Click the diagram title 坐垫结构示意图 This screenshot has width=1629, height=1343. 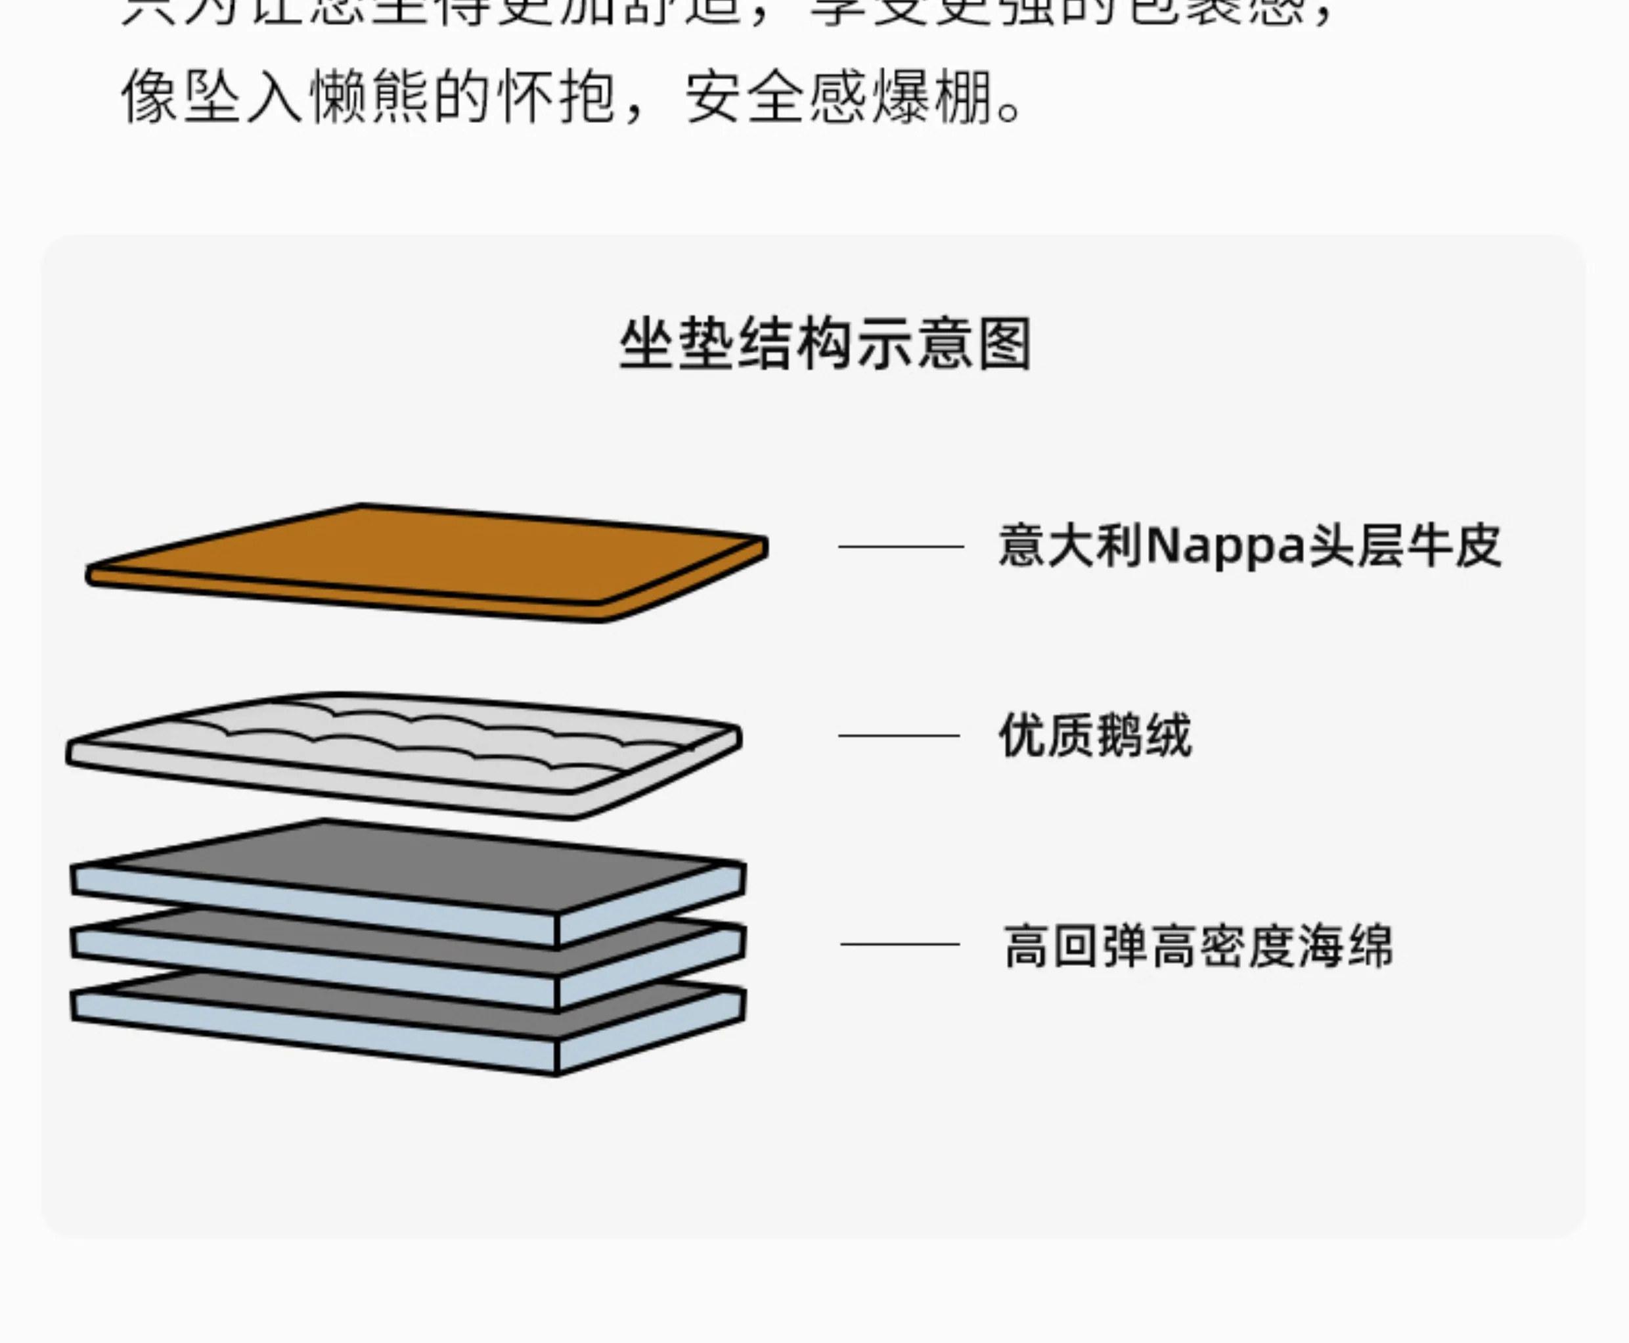tap(825, 344)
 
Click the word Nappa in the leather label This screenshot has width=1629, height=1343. tap(1225, 546)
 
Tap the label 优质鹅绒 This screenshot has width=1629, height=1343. tap(1094, 735)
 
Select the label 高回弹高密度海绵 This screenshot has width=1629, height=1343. tap(1198, 945)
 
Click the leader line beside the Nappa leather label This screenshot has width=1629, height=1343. tap(901, 546)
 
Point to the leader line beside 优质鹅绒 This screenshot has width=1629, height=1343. tap(899, 735)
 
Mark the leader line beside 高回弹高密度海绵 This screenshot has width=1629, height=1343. tap(900, 944)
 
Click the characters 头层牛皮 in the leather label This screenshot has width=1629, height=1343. tap(1404, 546)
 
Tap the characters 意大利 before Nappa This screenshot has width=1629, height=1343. tap(1071, 546)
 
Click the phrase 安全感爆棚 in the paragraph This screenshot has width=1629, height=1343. tap(839, 97)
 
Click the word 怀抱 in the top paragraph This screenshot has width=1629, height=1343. tap(557, 97)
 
